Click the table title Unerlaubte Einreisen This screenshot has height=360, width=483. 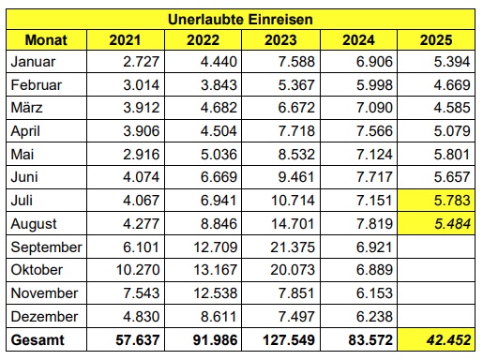pyautogui.click(x=240, y=20)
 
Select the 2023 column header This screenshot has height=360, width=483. pyautogui.click(x=280, y=40)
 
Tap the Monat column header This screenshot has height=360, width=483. pyautogui.click(x=46, y=40)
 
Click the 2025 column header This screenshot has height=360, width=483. pyautogui.click(x=436, y=40)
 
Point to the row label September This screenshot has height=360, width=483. pyautogui.click(x=46, y=247)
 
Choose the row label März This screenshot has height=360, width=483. pyautogui.click(x=26, y=108)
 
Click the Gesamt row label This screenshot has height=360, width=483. pyautogui.click(x=38, y=339)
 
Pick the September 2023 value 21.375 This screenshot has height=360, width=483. pyautogui.click(x=293, y=247)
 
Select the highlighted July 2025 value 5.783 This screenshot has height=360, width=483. pyautogui.click(x=452, y=201)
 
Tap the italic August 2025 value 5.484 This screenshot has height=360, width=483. pyautogui.click(x=452, y=224)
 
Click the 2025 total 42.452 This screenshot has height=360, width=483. pyautogui.click(x=448, y=339)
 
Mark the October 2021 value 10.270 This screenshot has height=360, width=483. pyautogui.click(x=138, y=270)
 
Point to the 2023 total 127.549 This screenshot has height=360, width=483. pyautogui.click(x=289, y=339)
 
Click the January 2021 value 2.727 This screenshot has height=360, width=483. pyautogui.click(x=141, y=62)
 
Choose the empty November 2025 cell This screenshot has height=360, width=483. pyautogui.click(x=436, y=293)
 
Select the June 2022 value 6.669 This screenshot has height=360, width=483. pyautogui.click(x=219, y=177)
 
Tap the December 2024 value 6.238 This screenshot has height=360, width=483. pyautogui.click(x=374, y=317)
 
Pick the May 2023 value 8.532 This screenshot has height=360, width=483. pyautogui.click(x=296, y=155)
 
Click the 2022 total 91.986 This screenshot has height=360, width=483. pyautogui.click(x=215, y=339)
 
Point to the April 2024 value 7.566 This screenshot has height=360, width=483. pyautogui.click(x=374, y=131)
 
